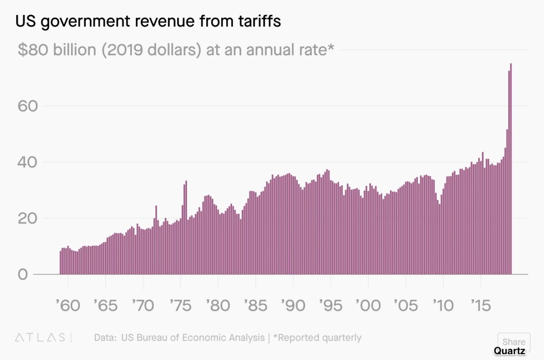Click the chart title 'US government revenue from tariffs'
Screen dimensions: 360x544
tap(148, 22)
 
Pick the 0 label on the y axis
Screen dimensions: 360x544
tap(23, 275)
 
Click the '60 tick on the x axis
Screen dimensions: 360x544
tap(68, 305)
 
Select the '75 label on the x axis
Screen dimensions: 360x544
tap(180, 305)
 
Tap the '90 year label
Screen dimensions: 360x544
tap(293, 305)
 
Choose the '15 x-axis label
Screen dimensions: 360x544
tap(481, 305)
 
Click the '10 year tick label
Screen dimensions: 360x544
tap(443, 305)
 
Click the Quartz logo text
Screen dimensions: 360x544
tap(510, 350)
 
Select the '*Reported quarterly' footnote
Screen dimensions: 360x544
tap(317, 338)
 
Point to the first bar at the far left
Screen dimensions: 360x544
tap(60, 263)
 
